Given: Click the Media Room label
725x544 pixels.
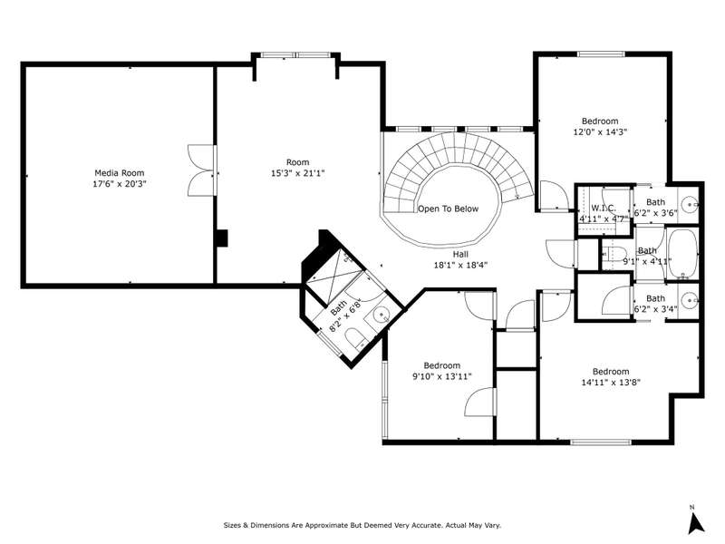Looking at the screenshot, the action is point(120,173).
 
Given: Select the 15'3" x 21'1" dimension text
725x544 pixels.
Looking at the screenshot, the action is point(298,173).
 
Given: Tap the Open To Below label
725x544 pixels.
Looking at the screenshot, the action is point(448,209).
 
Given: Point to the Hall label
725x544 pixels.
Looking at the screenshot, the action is point(460,255).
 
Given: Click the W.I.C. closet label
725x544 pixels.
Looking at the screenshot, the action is point(604,209).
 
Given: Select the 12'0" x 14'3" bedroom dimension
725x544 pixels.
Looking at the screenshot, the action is point(600,132).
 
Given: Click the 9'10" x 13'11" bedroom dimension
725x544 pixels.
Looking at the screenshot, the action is point(442,376).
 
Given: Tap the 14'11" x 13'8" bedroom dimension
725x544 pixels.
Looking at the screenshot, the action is point(611,383).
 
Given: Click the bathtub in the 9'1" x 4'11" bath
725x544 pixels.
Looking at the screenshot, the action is point(682,253).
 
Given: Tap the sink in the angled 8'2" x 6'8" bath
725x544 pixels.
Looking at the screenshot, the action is point(382,316).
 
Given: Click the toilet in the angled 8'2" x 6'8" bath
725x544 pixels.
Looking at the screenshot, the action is point(355,338).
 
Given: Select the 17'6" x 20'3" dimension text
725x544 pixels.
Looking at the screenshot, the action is point(120,184).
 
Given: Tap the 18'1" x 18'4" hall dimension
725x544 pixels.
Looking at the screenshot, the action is point(460,266).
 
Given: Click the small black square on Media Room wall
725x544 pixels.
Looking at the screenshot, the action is point(222,238).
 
